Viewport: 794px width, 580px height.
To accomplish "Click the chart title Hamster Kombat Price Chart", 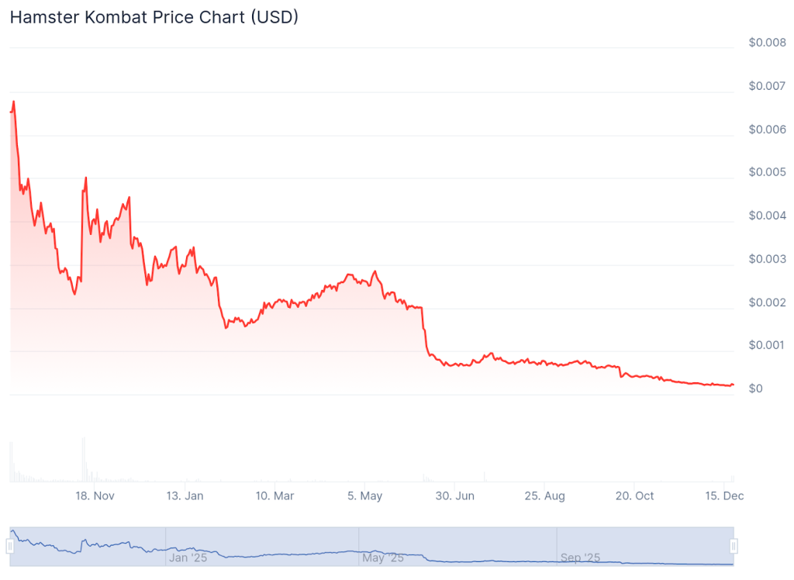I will (154, 17).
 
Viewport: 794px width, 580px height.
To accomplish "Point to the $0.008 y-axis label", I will (767, 43).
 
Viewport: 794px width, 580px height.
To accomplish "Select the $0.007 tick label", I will (767, 86).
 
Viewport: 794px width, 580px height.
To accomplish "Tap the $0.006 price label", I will (767, 129).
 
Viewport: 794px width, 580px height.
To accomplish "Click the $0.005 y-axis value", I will (767, 172).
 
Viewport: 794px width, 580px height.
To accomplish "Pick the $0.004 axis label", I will (767, 216).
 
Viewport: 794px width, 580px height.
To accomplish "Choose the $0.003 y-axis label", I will (767, 259).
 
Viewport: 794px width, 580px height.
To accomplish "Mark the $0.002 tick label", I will (767, 302).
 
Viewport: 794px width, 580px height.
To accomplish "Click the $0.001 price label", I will (767, 345).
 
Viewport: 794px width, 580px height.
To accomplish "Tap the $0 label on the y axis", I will (756, 388).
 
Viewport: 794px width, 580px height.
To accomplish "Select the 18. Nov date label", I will (95, 496).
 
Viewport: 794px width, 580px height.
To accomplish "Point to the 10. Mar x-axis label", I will (274, 496).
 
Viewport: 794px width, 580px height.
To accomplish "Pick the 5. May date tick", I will (364, 496).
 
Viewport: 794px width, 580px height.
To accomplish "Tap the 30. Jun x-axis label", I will (454, 496).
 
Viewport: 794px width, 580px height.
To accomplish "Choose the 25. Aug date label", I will (544, 496).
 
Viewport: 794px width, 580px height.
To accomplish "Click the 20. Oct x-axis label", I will (633, 496).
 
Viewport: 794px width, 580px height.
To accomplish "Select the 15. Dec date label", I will (723, 496).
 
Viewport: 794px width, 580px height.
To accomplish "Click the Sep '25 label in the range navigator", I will (580, 558).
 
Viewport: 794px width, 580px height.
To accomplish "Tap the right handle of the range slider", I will (733, 547).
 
